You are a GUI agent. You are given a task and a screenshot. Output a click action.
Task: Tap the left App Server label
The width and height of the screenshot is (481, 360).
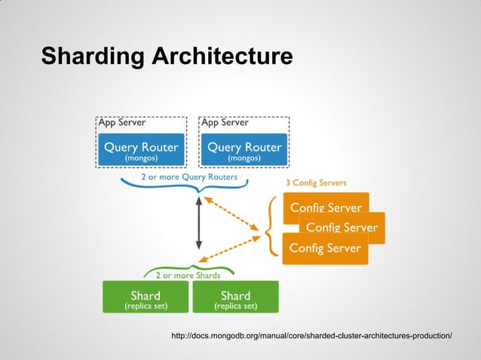121,122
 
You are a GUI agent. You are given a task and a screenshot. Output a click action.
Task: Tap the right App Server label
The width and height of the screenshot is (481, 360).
224,122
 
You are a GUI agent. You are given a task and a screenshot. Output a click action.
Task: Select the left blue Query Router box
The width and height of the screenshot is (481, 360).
141,151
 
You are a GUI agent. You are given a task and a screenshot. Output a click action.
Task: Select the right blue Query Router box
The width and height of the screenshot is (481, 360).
244,151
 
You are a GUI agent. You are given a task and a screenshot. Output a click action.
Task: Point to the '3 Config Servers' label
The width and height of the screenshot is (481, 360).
316,183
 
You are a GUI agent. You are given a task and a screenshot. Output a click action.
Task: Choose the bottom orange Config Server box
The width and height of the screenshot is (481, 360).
325,249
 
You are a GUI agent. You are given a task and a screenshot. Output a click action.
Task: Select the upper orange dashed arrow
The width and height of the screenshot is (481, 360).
235,210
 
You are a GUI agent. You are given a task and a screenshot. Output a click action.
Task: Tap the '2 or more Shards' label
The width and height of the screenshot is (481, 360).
188,276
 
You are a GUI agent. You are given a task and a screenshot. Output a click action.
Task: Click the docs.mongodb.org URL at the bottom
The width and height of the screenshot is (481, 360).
312,334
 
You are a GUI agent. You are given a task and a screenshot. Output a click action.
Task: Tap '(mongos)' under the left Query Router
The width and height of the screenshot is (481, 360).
141,159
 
